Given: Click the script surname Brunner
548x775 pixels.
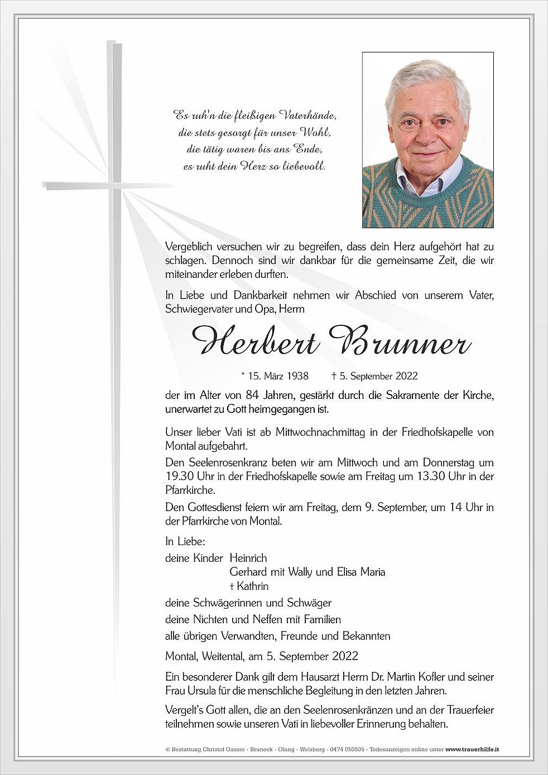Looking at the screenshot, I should [400, 340].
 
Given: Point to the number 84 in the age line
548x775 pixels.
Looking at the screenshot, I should [252, 396].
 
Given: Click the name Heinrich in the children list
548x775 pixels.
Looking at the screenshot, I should [248, 558].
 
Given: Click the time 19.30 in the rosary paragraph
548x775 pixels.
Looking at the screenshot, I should [178, 476].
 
